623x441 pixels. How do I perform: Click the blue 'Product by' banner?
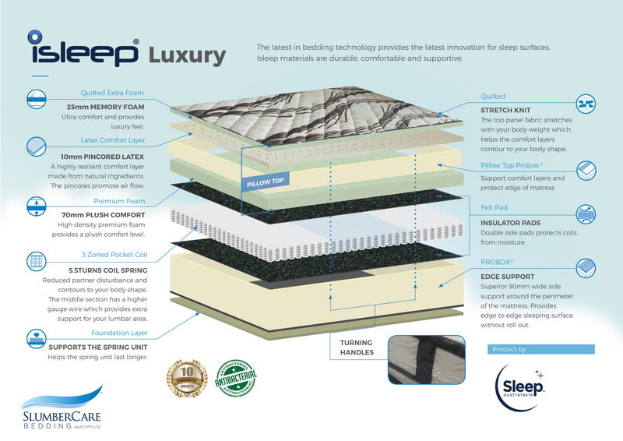[x=541, y=350]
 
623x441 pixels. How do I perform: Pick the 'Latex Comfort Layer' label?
[x=112, y=140]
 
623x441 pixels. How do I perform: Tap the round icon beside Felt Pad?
[x=587, y=213]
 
